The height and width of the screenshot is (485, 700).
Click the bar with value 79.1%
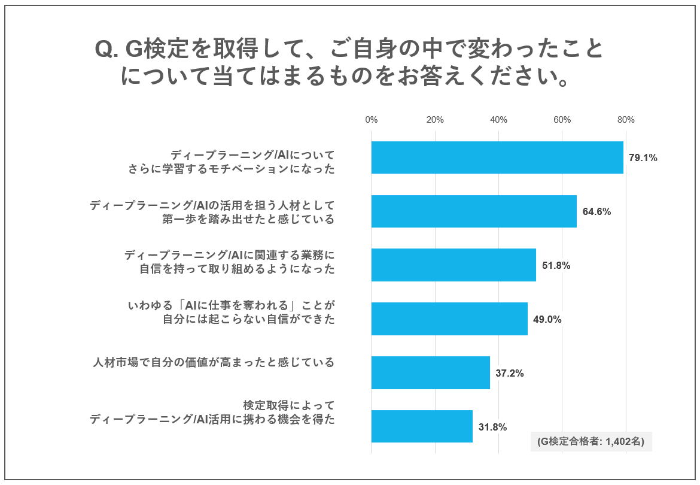click(497, 157)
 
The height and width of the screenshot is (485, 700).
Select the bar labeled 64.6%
click(474, 211)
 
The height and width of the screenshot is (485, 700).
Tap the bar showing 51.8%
click(454, 265)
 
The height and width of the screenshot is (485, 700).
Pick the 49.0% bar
click(449, 319)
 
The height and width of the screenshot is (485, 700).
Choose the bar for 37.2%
click(430, 373)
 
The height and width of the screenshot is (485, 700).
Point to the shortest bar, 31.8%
click(422, 426)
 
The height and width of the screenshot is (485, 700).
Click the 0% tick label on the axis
click(372, 120)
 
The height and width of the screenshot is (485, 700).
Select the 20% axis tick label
click(435, 120)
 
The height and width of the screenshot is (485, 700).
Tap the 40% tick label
click(498, 120)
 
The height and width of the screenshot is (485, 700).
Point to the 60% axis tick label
click(562, 120)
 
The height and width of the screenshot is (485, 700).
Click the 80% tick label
click(626, 120)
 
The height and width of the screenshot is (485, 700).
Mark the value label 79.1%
click(643, 158)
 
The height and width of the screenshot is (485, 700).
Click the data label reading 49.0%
click(547, 320)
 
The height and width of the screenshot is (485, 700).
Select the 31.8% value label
click(493, 427)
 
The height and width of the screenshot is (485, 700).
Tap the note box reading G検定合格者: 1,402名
click(591, 441)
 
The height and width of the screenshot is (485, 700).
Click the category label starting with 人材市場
click(214, 362)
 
